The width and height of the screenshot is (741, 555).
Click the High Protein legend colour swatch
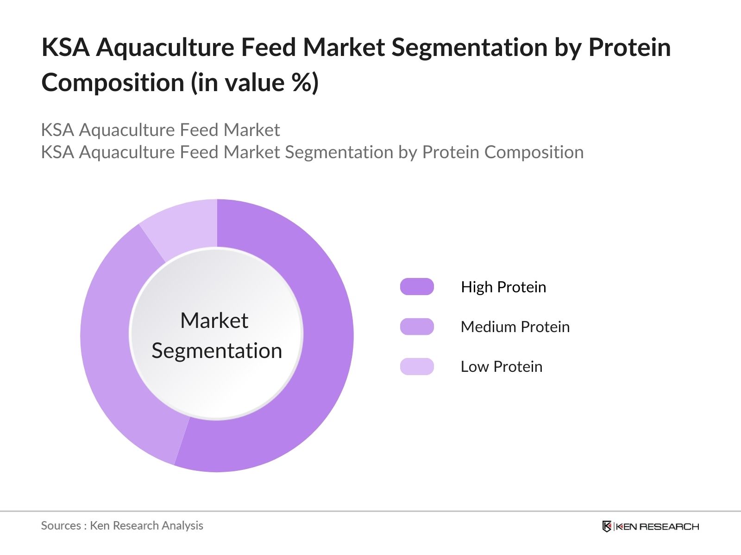[417, 287]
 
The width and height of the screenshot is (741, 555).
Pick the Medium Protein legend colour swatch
[417, 327]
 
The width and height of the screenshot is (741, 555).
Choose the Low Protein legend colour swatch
[417, 366]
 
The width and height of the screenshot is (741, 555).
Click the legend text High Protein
[503, 287]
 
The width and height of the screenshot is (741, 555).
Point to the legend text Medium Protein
[515, 327]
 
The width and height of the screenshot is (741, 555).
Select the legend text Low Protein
[501, 367]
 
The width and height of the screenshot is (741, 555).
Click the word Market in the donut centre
[214, 321]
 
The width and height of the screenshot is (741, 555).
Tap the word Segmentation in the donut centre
[217, 351]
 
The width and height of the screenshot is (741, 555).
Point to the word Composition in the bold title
[113, 83]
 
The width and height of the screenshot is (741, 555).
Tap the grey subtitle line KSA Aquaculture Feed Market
[160, 130]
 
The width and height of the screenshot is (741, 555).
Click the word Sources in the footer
[61, 526]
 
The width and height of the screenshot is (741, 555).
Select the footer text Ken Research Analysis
[146, 526]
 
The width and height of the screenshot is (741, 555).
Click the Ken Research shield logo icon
[607, 526]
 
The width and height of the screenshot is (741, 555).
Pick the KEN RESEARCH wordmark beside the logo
[657, 526]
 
